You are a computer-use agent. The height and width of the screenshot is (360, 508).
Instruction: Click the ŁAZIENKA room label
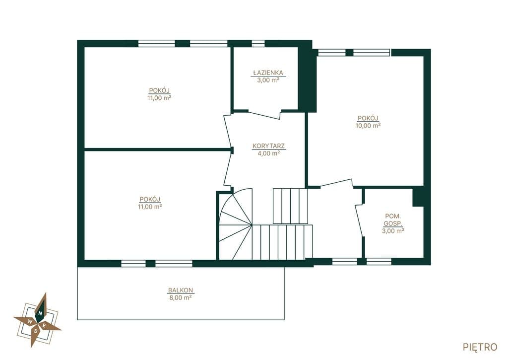268,72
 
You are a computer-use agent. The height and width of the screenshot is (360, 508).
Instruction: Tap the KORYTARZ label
268,146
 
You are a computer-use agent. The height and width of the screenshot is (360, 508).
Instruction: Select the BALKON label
180,290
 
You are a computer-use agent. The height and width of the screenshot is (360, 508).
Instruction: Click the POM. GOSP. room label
393,219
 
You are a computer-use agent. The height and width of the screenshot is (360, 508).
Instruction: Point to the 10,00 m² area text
368,126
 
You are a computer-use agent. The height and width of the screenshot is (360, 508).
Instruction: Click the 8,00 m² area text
180,298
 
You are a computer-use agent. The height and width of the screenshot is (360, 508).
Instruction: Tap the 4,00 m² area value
268,153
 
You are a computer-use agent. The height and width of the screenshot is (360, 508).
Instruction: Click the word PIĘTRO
480,347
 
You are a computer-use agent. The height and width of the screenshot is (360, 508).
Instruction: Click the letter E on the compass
45,326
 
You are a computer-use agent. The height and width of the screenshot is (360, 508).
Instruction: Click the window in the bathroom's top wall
258,44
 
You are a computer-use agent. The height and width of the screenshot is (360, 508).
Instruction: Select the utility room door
359,220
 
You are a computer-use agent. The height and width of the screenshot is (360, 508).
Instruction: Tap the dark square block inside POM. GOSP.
418,197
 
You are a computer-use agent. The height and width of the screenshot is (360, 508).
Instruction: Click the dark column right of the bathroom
307,79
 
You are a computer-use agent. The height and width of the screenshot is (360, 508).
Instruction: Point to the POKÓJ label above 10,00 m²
368,118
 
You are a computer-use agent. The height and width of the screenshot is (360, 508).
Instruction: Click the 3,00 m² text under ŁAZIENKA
268,80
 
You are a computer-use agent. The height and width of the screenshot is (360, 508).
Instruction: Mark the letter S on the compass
36,331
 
